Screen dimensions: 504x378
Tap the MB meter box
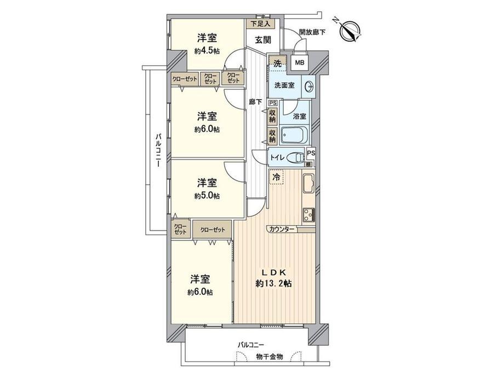[300, 62]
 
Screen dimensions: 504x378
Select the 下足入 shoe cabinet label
[261, 23]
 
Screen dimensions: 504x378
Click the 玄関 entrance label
[263, 40]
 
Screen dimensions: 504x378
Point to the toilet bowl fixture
[295, 158]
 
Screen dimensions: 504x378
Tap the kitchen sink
[308, 184]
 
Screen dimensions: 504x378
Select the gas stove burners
[308, 214]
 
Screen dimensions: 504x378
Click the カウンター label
[282, 229]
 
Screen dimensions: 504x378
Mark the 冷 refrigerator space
[276, 176]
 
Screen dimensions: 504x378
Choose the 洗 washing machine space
[277, 64]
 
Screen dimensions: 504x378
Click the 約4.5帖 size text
[207, 51]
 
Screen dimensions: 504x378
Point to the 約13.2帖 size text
[274, 283]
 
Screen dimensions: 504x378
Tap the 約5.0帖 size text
[207, 196]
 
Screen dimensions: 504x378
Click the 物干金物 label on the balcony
[270, 357]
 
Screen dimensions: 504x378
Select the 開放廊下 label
[312, 32]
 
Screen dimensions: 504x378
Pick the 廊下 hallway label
[255, 102]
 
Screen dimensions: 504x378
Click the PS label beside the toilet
[311, 153]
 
